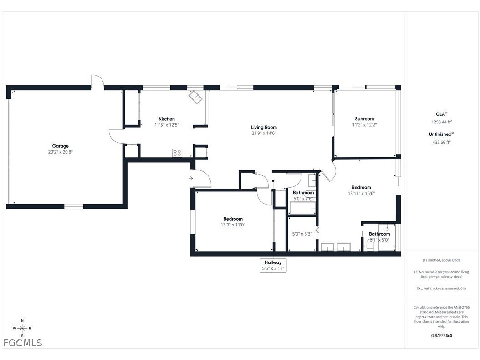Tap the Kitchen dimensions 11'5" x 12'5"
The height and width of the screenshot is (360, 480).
point(166,125)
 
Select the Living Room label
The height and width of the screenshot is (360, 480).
point(264,127)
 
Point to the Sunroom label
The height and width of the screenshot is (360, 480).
point(364,119)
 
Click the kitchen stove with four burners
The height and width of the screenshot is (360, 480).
point(177,153)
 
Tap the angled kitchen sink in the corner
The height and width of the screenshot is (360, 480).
point(196,97)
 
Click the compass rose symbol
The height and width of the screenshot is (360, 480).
point(22,328)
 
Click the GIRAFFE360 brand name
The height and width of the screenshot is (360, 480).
point(441,335)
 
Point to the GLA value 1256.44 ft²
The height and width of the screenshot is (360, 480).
point(441,122)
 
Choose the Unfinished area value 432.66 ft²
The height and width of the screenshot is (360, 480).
point(441,142)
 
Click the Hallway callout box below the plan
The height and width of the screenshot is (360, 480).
point(273,265)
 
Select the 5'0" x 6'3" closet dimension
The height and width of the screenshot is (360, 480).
point(301,234)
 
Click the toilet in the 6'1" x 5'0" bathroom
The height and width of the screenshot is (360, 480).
point(370,246)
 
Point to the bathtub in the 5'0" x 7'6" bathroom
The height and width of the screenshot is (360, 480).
point(303,208)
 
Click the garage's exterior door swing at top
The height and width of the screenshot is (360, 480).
point(97,81)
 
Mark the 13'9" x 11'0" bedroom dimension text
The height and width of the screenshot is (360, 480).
point(233,225)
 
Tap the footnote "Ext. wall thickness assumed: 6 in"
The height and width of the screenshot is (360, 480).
point(441,288)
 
